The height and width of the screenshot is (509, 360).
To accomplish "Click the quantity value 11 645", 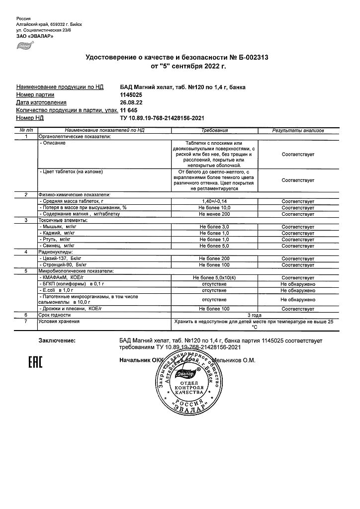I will coord(129,110).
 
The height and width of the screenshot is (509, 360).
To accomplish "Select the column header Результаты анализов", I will coord(298,130).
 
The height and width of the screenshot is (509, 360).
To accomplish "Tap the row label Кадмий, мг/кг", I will coord(58,233).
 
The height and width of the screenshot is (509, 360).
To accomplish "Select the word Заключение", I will coord(57,340).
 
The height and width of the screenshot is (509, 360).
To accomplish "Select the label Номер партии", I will coord(35,94).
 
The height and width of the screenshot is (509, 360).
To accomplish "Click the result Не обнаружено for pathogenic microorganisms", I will coord(298,300).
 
